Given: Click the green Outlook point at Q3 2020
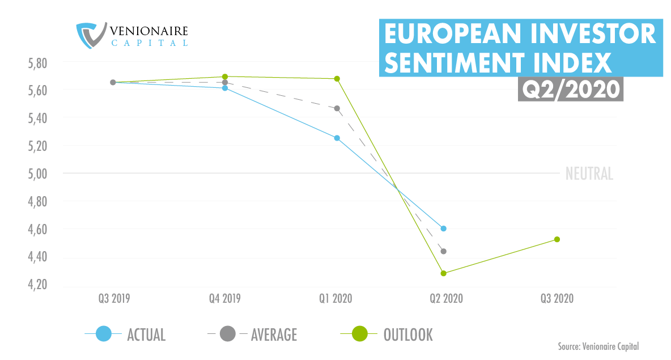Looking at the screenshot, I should coord(557,239).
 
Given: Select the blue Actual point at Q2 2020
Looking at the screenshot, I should coord(444,228).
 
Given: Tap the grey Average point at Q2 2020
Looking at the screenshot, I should coord(444,251).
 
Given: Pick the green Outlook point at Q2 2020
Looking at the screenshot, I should coord(444,273).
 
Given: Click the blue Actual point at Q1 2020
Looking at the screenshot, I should coord(337,138).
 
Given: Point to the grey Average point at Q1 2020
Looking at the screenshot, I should coord(337,108).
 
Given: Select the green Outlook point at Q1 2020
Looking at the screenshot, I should coord(337,79).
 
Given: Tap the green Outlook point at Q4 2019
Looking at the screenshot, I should coord(225,77).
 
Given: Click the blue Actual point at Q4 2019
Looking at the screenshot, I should coord(225,88).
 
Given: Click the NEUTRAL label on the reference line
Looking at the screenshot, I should coord(589,174).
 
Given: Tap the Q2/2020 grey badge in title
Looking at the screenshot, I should coord(570,90).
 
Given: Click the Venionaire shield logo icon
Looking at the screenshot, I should coord(91,35).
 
